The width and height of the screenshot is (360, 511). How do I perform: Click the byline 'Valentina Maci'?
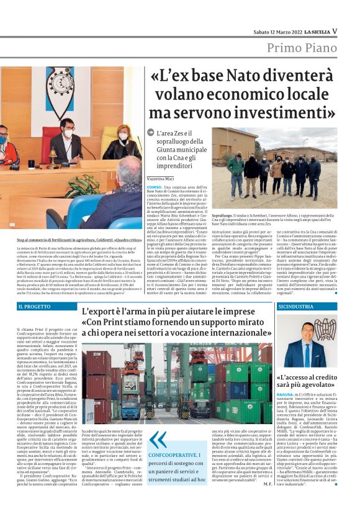point(160,178)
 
